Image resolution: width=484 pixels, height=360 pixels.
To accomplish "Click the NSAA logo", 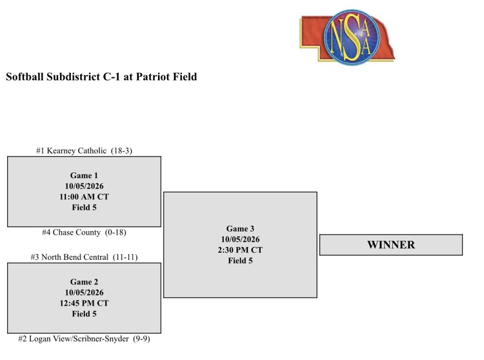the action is click(347, 37).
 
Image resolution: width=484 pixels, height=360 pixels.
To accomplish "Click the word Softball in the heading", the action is click(25, 77).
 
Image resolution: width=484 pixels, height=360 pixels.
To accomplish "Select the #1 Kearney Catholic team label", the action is click(84, 150).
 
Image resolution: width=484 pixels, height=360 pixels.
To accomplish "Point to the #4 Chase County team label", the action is click(84, 232).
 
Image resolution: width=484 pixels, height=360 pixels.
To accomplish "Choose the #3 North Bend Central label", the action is click(84, 257).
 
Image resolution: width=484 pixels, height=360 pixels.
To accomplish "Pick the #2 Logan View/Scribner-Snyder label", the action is click(84, 339).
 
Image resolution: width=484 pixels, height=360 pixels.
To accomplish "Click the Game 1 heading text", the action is click(84, 175).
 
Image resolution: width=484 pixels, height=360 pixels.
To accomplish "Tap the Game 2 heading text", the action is click(84, 282).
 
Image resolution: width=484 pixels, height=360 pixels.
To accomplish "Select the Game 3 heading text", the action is click(240, 228).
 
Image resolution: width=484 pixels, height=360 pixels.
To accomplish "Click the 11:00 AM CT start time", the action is click(84, 197).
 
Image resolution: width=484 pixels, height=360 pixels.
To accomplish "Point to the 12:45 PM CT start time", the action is click(84, 303).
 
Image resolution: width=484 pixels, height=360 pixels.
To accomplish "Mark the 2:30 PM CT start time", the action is click(240, 250).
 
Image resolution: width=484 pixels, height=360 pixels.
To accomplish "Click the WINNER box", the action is click(391, 245).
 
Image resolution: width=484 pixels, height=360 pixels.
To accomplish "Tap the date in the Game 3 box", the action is click(240, 239).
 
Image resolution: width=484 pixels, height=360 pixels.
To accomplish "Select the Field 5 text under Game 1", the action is click(84, 207).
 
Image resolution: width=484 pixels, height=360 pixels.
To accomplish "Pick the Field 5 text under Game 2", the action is click(84, 314).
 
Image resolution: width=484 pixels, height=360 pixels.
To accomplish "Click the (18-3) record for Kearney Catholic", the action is click(121, 150).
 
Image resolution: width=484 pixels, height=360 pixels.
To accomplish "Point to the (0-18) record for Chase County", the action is click(116, 232).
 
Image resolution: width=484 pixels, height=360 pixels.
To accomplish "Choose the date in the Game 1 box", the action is click(84, 186).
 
